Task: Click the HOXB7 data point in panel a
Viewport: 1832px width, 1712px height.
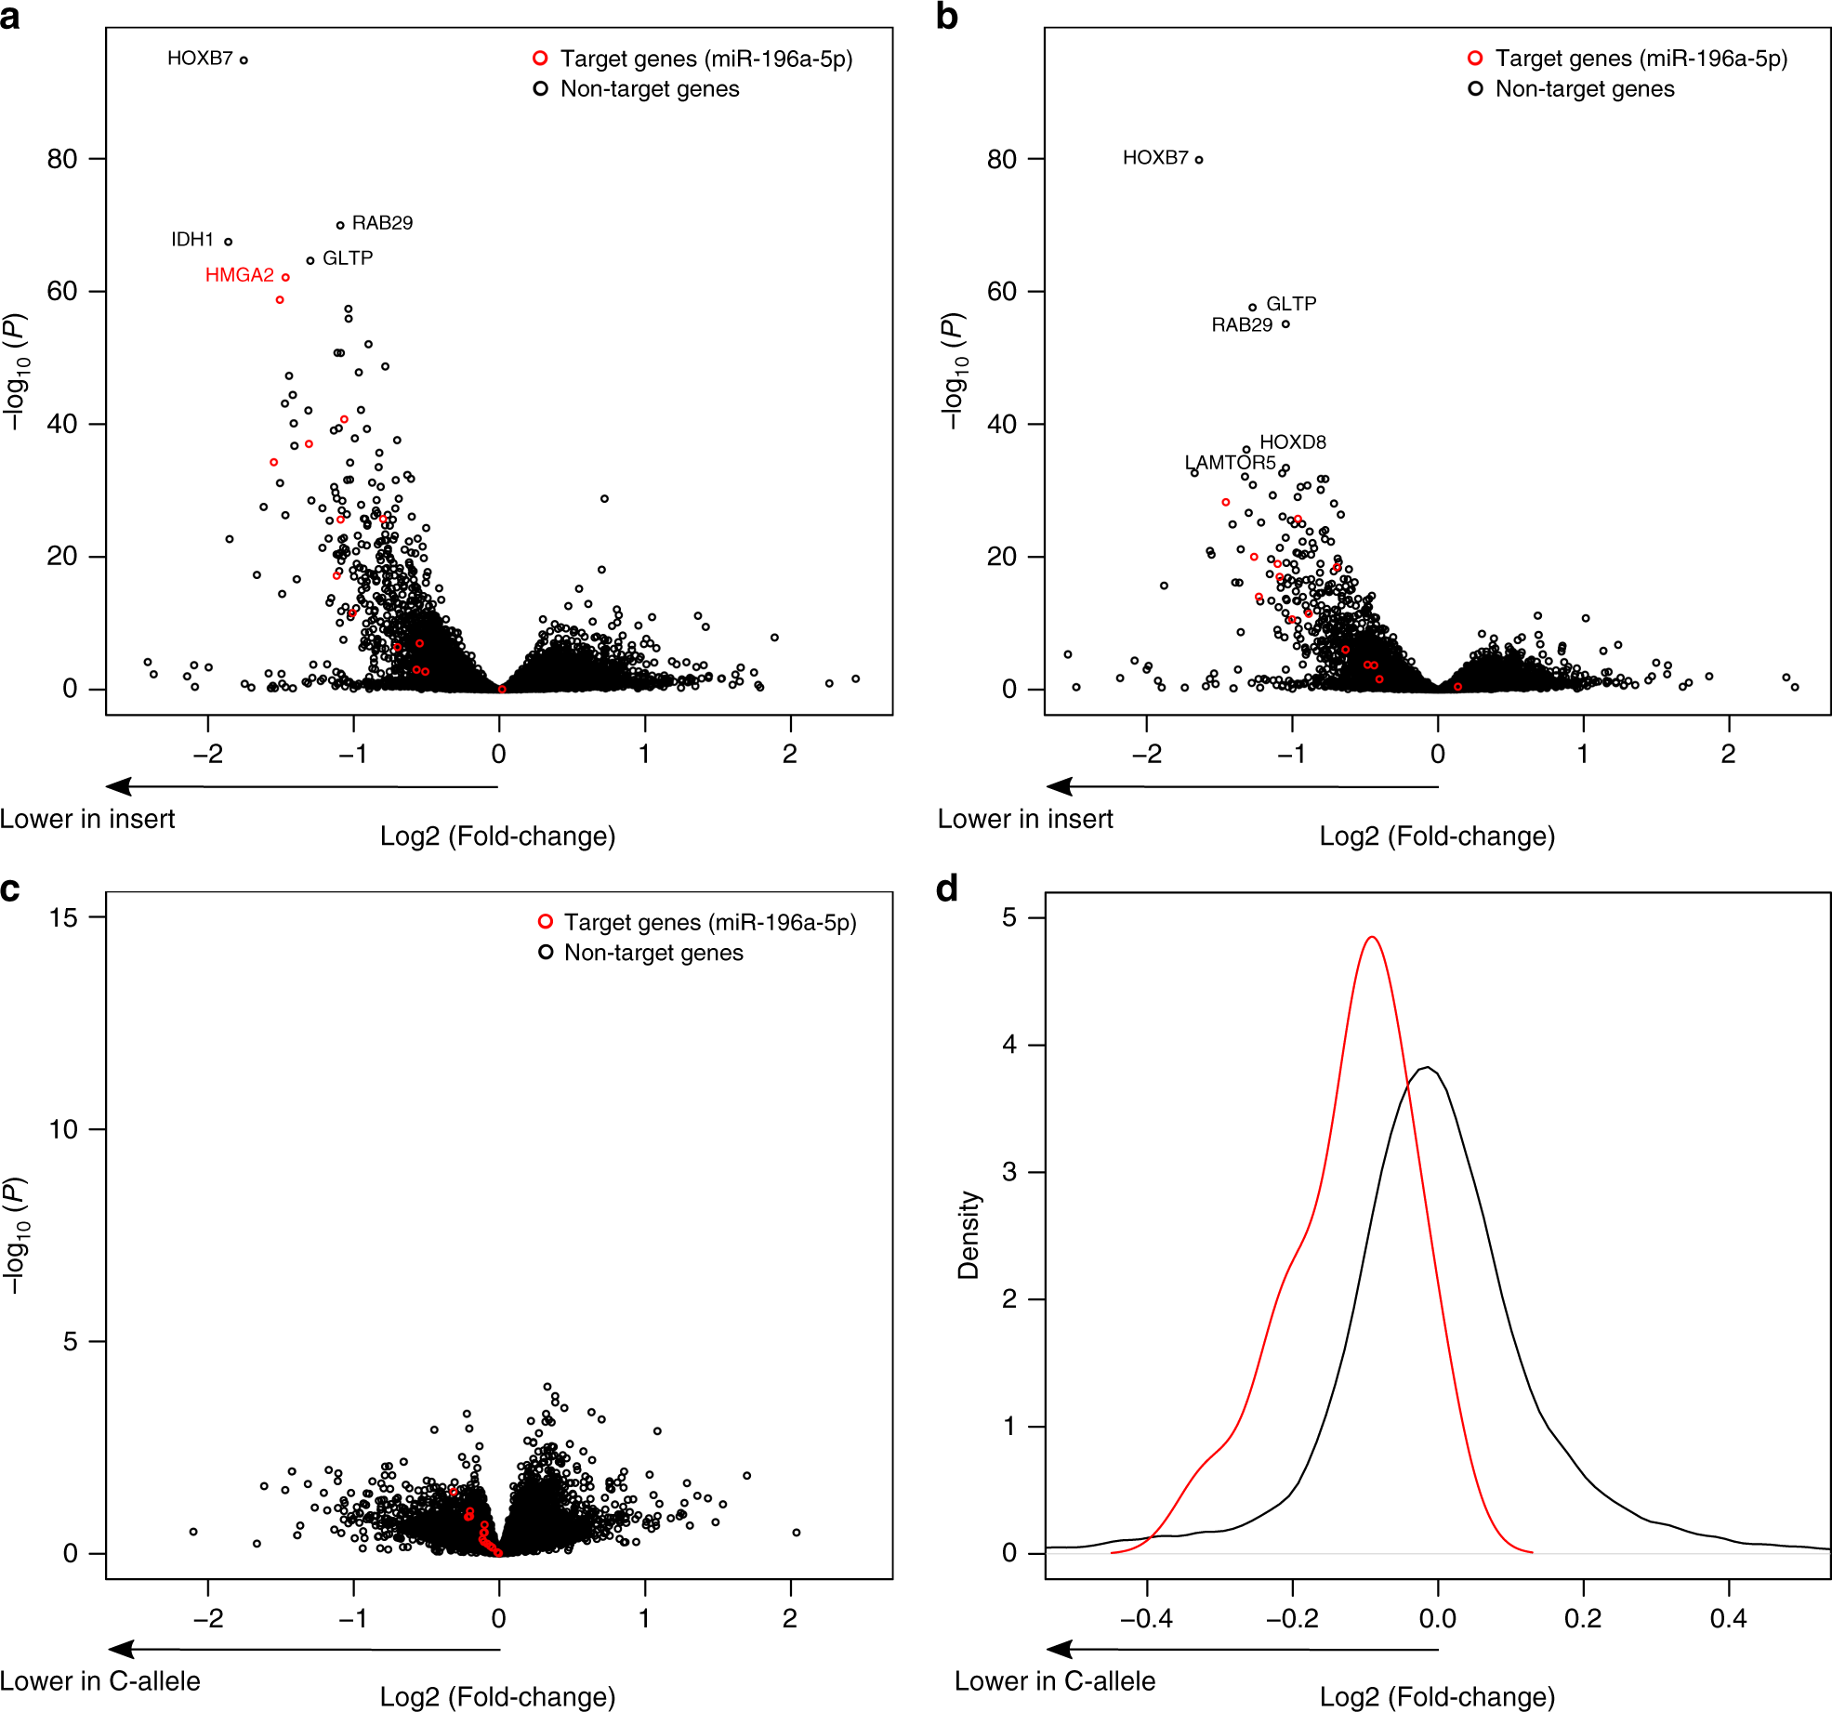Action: [244, 60]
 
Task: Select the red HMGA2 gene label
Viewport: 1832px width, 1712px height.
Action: [239, 275]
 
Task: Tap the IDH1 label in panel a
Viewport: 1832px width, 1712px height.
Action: [192, 240]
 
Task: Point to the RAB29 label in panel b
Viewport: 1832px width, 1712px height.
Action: [1241, 325]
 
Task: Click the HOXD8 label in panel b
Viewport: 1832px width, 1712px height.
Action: [1292, 442]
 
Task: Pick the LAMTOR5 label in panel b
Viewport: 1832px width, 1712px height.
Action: [1229, 463]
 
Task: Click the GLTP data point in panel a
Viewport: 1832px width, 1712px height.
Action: [310, 261]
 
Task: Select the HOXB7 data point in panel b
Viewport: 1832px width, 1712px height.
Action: [1199, 160]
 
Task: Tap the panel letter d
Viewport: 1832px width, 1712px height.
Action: [946, 889]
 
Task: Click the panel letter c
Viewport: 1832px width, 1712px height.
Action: [10, 890]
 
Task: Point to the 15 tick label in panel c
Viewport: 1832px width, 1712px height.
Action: [63, 918]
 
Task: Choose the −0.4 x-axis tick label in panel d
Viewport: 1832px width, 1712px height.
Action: [1145, 1618]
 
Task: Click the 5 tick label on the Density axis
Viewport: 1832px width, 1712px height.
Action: [1009, 918]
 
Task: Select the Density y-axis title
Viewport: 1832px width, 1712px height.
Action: [969, 1235]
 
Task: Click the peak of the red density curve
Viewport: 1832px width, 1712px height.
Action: [1372, 937]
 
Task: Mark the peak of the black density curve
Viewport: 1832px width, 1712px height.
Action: [1428, 1067]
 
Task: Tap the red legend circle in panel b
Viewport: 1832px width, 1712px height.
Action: [1474, 59]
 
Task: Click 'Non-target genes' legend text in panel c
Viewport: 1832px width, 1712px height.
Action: [653, 953]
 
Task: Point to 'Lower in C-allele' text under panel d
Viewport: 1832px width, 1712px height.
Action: [1054, 1681]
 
